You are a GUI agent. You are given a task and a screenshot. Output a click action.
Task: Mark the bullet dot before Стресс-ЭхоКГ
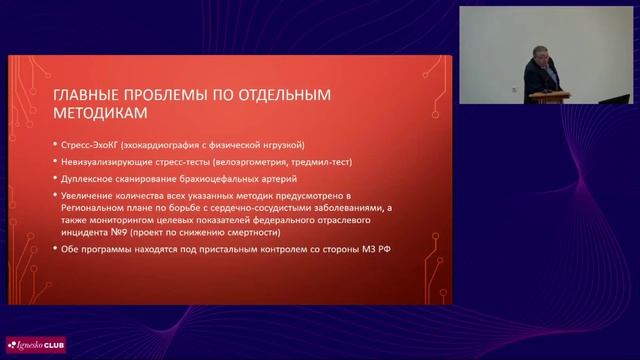coord(52,144)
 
